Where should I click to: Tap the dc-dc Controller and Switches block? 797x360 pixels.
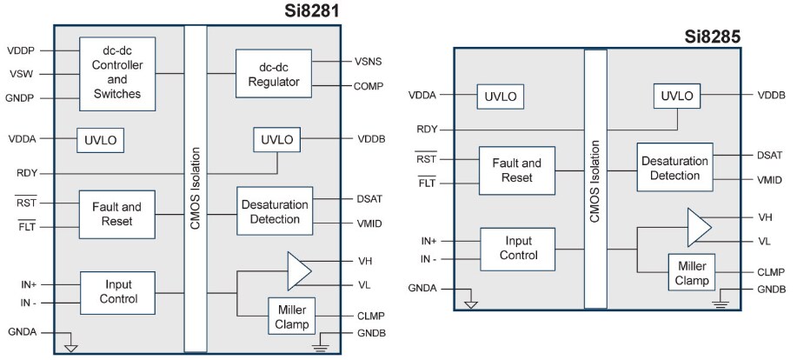117,74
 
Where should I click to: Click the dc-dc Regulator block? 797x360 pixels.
274,74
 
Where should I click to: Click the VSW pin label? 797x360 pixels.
22,74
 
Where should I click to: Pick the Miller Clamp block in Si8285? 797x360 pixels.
691,271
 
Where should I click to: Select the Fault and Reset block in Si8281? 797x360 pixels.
117,215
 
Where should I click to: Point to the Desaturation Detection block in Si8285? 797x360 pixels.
674,167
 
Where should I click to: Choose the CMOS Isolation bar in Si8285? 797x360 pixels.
595,178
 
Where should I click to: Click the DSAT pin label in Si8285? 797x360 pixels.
770,155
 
